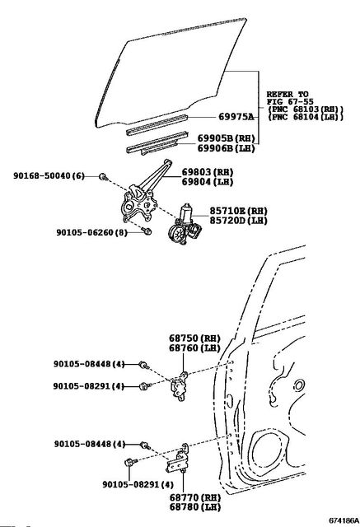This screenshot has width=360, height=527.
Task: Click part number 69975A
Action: (236, 117)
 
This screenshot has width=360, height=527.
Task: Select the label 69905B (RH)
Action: (226, 138)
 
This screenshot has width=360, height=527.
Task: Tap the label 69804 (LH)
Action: (208, 182)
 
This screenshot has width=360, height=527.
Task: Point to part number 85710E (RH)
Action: (238, 211)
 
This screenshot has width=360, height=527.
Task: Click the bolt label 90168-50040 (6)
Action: (49, 175)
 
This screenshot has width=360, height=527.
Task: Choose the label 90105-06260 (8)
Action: (91, 232)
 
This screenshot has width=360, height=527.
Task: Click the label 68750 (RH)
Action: (194, 338)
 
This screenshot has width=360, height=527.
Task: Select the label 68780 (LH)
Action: (195, 507)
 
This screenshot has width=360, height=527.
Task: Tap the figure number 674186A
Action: (344, 520)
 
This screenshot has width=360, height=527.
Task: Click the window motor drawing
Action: (185, 225)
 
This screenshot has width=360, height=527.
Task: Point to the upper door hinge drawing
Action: (180, 386)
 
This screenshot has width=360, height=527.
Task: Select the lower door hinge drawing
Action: (177, 459)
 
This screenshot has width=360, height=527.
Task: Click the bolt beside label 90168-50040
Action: (104, 176)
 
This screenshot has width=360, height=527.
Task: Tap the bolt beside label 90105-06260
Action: (147, 231)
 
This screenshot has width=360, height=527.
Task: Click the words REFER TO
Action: (288, 94)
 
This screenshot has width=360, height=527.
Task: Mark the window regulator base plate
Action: (138, 205)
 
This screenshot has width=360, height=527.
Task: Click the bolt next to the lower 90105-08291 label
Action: (130, 463)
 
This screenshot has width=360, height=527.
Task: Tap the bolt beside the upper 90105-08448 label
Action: (144, 365)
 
